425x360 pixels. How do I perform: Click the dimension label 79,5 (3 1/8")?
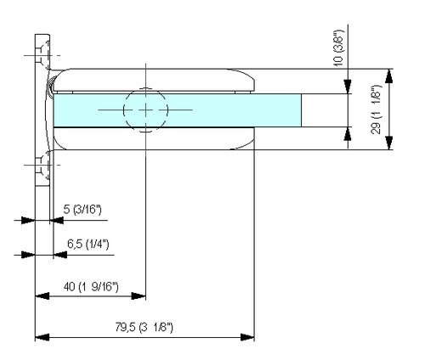[144, 328]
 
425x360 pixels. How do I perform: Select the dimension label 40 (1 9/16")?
[91, 287]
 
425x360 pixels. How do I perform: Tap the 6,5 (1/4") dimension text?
[88, 244]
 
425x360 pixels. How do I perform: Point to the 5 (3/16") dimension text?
[82, 210]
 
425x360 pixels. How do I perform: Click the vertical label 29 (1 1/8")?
[377, 110]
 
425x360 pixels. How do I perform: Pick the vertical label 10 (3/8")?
[338, 48]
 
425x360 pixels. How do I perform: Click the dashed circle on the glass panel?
[145, 110]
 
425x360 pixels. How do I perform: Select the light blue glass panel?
[178, 110]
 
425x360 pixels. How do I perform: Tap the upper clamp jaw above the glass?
[154, 80]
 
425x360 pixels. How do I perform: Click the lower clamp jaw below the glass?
[154, 138]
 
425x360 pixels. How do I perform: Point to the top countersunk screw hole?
[42, 55]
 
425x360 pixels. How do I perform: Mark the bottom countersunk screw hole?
[42, 165]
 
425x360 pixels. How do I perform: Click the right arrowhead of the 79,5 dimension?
[247, 337]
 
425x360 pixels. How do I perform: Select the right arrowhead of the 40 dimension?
[139, 296]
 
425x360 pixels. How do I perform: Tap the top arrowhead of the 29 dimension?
[389, 76]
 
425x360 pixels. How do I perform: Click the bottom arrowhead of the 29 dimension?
[389, 143]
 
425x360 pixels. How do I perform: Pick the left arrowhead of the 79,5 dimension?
[42, 337]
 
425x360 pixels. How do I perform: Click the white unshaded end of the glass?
[325, 110]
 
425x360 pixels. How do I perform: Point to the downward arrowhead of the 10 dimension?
[348, 87]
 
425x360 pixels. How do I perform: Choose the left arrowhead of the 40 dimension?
[42, 296]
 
